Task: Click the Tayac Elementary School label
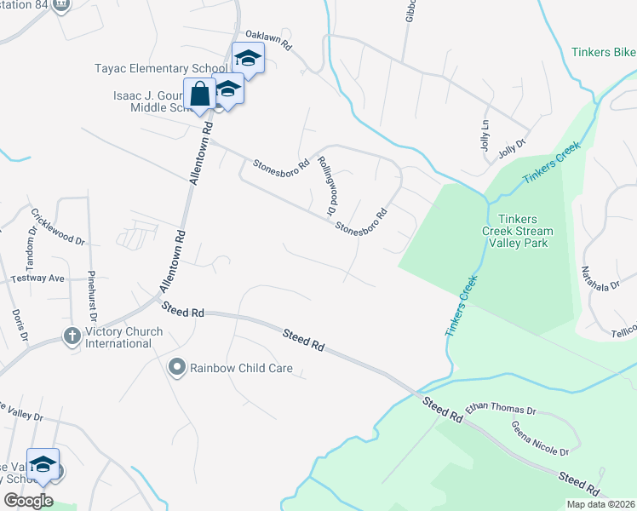pyautogui.click(x=162, y=68)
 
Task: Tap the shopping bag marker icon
pyautogui.click(x=199, y=94)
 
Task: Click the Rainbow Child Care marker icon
pyautogui.click(x=176, y=368)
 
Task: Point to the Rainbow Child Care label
pyautogui.click(x=241, y=369)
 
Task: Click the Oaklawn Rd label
pyautogui.click(x=269, y=37)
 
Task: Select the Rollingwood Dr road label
pyautogui.click(x=324, y=185)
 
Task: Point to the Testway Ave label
pyautogui.click(x=37, y=278)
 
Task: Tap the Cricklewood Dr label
pyautogui.click(x=59, y=227)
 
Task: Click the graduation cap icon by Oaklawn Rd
pyautogui.click(x=248, y=58)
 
